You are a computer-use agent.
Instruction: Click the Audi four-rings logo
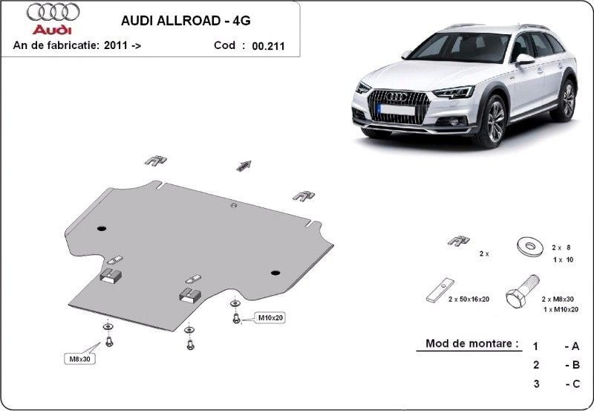point(53,12)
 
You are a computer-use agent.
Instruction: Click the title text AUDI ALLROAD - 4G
point(186,21)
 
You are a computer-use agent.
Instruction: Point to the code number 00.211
point(268,46)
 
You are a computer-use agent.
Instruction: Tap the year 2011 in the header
point(116,45)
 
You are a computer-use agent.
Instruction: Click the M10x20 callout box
point(270,318)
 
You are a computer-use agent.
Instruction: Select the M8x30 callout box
point(79,359)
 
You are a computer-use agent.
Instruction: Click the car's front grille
point(399,106)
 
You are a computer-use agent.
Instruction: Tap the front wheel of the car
point(493,121)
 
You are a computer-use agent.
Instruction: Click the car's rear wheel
point(567,100)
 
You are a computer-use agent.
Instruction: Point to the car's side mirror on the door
point(524,59)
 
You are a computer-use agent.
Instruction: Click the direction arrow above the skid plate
point(244,166)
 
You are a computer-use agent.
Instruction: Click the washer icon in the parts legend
point(530,246)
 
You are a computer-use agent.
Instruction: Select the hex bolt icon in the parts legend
point(523,291)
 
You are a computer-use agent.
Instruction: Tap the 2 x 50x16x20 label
point(469,300)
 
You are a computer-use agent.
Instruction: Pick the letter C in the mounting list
point(576,384)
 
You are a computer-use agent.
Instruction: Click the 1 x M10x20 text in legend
point(561,310)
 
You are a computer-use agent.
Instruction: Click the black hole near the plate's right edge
point(275,273)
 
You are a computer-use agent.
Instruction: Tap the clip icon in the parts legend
point(459,240)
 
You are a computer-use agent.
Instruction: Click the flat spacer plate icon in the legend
point(440,290)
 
